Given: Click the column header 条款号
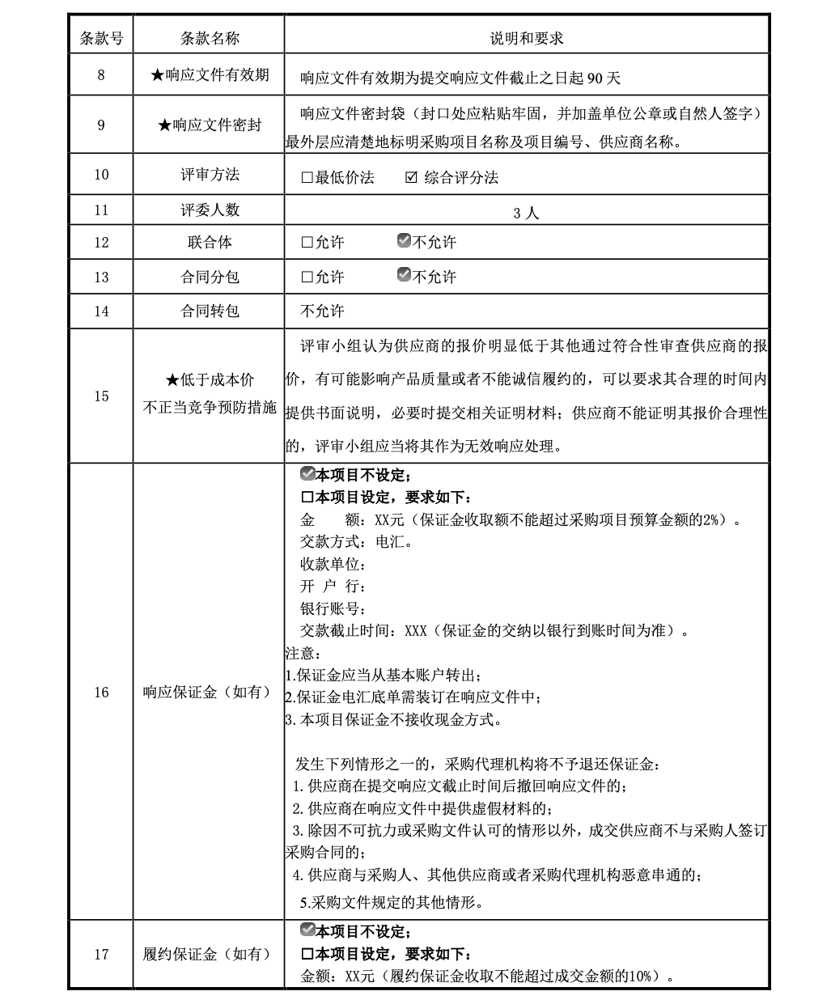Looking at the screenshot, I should click(x=101, y=37).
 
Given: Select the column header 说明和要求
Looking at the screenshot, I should click(x=526, y=37).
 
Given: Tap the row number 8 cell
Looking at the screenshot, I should click(x=101, y=75).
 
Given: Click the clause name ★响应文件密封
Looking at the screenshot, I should click(x=209, y=125).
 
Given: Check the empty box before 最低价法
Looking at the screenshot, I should click(x=307, y=177).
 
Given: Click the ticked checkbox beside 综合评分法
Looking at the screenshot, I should click(x=411, y=177).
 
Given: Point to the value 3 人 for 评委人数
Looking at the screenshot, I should click(x=526, y=213).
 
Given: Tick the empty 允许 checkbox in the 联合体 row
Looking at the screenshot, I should click(x=307, y=242).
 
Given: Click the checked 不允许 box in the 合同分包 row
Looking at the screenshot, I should click(x=405, y=275).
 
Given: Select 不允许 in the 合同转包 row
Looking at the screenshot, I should click(x=322, y=311).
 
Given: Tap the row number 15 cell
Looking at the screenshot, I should click(x=101, y=396).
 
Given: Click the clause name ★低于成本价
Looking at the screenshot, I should click(x=209, y=379).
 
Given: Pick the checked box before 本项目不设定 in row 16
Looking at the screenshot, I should click(x=307, y=473).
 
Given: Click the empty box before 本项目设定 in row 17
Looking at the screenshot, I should click(x=307, y=954).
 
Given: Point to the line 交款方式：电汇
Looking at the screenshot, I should click(x=356, y=542).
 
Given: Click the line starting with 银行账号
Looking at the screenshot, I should click(x=333, y=608).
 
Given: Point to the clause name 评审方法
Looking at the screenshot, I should click(x=209, y=174).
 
